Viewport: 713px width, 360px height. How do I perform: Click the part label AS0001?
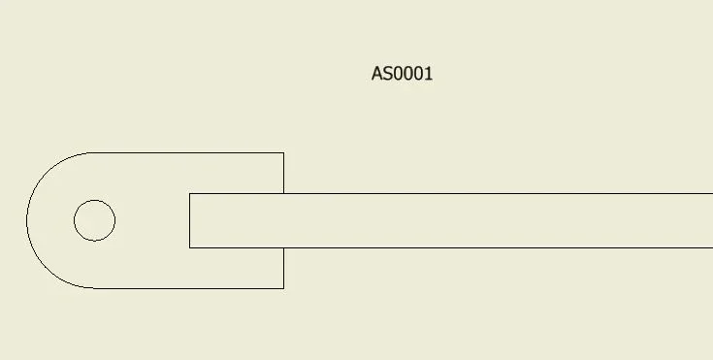click(x=402, y=74)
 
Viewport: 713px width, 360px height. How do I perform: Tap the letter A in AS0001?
click(x=376, y=74)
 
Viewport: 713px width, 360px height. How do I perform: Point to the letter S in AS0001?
click(x=387, y=74)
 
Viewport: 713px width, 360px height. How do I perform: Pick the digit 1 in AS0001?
click(x=428, y=74)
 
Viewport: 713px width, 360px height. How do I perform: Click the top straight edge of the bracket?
click(x=186, y=153)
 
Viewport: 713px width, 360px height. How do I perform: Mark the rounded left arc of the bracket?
click(x=27, y=220)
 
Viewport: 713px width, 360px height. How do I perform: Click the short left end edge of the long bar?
click(x=189, y=220)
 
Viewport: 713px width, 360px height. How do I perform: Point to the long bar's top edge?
click(x=451, y=193)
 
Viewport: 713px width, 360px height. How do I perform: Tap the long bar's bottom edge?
click(x=451, y=248)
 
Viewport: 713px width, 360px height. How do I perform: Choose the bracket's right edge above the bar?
click(x=283, y=173)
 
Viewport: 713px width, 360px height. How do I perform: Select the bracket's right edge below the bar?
click(x=283, y=268)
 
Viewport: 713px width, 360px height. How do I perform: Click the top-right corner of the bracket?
click(x=283, y=153)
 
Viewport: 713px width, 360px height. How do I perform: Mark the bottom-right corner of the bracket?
click(x=283, y=288)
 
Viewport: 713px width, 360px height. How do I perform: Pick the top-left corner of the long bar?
click(x=189, y=193)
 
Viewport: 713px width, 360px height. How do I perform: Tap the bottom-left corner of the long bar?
click(x=189, y=248)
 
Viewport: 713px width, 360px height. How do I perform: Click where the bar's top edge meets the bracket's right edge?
click(x=283, y=193)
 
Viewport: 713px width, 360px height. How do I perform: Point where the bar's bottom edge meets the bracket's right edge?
click(x=283, y=248)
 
